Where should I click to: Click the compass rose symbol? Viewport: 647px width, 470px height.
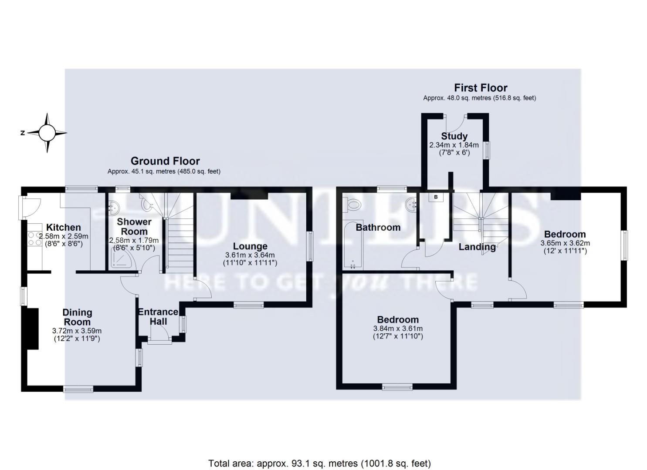(x=47, y=133)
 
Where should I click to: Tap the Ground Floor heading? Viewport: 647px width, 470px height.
(x=165, y=161)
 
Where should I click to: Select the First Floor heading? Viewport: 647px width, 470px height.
(x=481, y=87)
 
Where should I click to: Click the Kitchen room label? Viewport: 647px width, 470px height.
(x=64, y=227)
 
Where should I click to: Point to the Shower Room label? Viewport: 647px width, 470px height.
(x=134, y=226)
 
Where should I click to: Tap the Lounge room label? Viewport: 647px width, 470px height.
(x=250, y=246)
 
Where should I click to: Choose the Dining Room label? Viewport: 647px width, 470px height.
(x=77, y=317)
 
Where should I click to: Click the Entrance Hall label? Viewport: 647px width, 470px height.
(x=158, y=316)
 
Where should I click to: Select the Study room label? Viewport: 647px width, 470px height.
(x=454, y=136)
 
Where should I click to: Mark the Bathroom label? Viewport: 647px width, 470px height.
(x=378, y=227)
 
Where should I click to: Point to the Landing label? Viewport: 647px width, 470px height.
(x=477, y=247)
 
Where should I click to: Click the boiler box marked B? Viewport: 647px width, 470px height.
(x=435, y=197)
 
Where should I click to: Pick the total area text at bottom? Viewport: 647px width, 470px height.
(x=319, y=463)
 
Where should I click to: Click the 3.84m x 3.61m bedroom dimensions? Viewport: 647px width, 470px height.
(x=398, y=332)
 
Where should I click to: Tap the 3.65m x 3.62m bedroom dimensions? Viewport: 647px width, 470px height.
(x=565, y=247)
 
